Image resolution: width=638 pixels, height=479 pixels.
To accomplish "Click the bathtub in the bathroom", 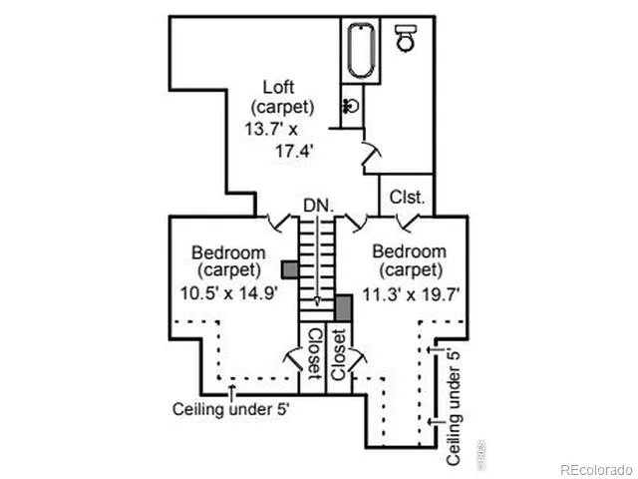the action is pos(361,51).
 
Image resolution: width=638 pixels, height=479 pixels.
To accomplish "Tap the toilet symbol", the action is pos(406,38).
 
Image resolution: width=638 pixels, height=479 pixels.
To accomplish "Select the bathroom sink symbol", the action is pos(352,107).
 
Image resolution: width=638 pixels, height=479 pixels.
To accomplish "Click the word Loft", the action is pos(278,87).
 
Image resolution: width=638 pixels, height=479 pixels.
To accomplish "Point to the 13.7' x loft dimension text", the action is pos(271,129).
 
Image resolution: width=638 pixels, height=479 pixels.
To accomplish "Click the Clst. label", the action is pos(407,198).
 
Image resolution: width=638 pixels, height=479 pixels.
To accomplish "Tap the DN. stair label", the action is pos(319,206).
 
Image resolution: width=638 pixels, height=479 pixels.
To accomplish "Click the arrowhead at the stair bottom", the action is pos(317,301).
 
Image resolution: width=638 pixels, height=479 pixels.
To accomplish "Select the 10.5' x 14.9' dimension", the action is pos(229,292).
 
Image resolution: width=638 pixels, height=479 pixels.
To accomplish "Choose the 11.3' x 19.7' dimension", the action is pos(411,293).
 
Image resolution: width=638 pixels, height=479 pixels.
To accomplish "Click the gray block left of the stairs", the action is pos(290,269).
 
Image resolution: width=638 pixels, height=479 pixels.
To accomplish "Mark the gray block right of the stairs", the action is pos(343,307).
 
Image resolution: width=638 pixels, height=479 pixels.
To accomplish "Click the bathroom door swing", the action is pos(372,154).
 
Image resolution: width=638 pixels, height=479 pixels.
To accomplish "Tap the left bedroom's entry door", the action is pos(279,224).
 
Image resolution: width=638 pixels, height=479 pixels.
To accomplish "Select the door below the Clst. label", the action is pos(408,224).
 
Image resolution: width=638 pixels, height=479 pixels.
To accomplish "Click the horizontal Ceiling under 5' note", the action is pos(230,409).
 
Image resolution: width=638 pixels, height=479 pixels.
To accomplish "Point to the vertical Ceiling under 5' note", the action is pos(454,407).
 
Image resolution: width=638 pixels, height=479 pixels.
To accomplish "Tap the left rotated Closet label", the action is pos(314,353).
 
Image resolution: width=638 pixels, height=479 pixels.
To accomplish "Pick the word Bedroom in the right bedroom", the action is pos(410,251).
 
